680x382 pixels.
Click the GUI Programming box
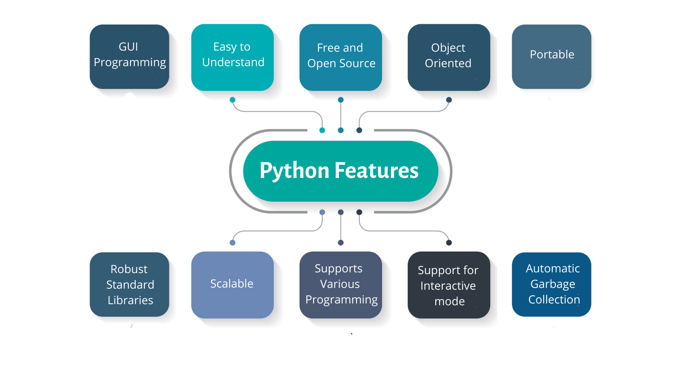[x=129, y=57]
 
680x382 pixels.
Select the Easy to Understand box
[x=232, y=57]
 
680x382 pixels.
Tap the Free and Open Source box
[x=341, y=57]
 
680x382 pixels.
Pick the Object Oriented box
[x=449, y=57]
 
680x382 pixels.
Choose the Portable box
[x=551, y=57]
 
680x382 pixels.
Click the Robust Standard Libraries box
[x=129, y=284]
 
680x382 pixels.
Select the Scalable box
[x=232, y=285]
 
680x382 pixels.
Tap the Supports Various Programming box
[x=341, y=285]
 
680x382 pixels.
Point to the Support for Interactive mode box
[x=449, y=285]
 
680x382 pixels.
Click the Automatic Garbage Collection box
[x=551, y=284]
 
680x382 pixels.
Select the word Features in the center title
[x=376, y=170]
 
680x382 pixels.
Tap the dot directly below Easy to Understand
[x=232, y=100]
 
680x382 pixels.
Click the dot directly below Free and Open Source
[x=341, y=100]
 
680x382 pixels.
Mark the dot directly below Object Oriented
[x=449, y=100]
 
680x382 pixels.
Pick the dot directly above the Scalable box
[x=232, y=243]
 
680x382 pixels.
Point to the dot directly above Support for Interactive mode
[x=449, y=243]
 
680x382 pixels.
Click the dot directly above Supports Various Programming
[x=341, y=243]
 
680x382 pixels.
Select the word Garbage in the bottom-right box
[x=552, y=284]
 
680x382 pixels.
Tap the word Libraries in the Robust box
[x=130, y=300]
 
